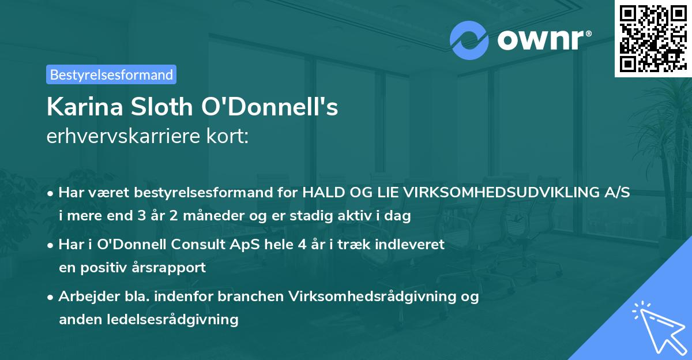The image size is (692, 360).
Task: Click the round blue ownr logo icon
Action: coord(469,40)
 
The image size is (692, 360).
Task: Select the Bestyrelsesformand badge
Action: coord(111,74)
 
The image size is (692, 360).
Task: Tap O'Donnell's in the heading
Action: coord(267,108)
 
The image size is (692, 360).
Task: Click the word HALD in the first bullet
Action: coord(323,193)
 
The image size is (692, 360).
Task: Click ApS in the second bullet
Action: coord(248,245)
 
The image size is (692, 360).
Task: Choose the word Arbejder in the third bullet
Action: coord(84,296)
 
